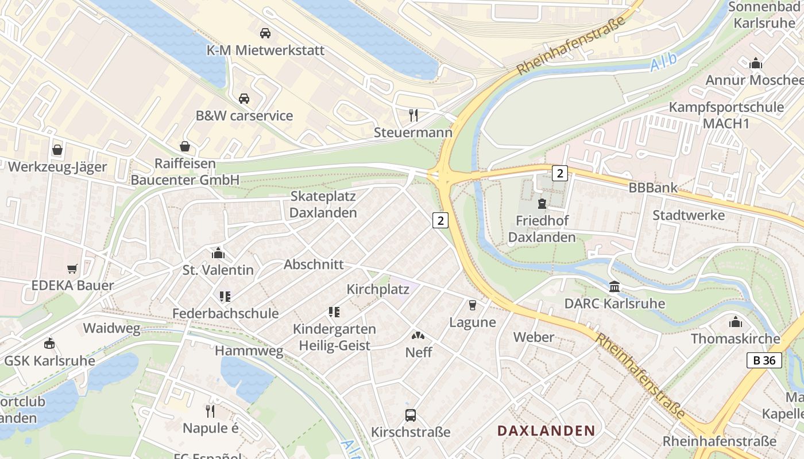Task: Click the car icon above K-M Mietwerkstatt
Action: [x=265, y=33]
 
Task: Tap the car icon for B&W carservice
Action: [x=244, y=98]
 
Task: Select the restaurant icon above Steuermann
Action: [x=413, y=115]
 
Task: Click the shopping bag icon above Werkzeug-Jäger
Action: [x=57, y=150]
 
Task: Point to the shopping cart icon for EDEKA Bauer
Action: [x=72, y=268]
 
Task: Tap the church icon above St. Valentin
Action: [x=218, y=252]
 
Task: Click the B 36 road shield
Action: [x=764, y=360]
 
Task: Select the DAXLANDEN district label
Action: [x=546, y=430]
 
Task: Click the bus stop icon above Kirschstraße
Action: [x=411, y=415]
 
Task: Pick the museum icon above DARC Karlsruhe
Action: [x=614, y=286]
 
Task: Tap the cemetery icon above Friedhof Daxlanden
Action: [x=542, y=203]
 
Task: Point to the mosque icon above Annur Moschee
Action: [x=756, y=63]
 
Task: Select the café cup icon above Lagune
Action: [x=473, y=305]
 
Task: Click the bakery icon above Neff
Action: [x=419, y=334]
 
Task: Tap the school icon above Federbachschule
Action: [x=225, y=296]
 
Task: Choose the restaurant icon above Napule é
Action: [x=211, y=411]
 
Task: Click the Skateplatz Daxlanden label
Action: [x=323, y=204]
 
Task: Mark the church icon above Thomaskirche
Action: [x=735, y=321]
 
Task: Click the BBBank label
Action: [x=653, y=188]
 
